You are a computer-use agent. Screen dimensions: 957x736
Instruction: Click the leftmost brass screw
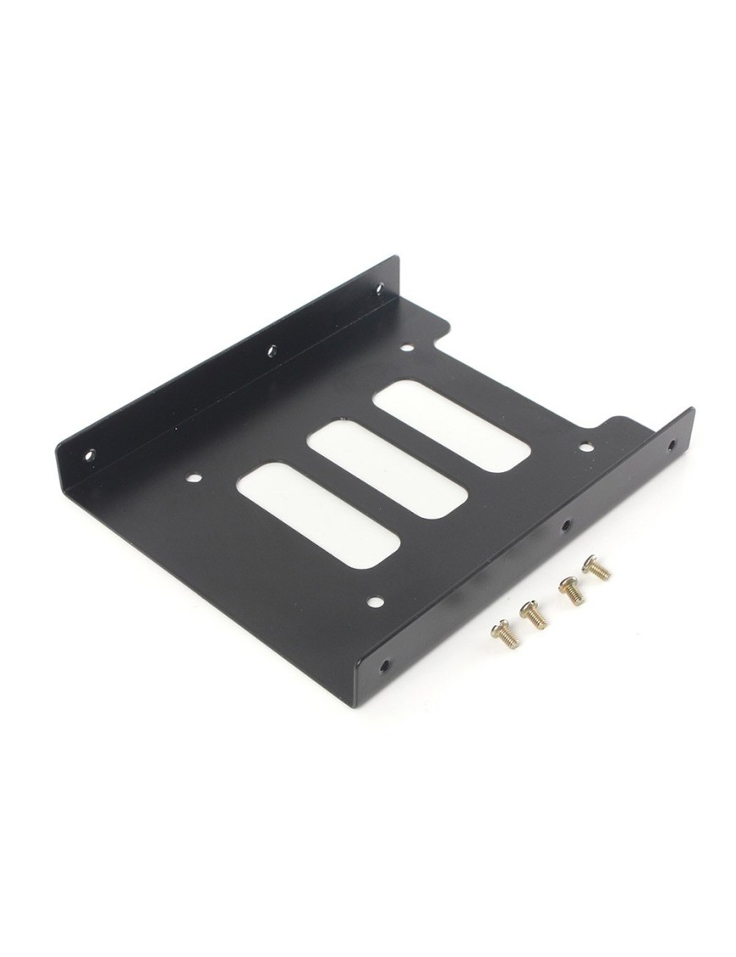point(505,633)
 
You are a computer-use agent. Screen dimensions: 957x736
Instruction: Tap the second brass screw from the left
point(534,614)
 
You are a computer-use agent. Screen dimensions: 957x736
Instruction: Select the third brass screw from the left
point(571,590)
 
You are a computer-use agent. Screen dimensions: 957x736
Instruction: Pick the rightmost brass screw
point(596,567)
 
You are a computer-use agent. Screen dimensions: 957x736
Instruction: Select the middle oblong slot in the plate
point(387,468)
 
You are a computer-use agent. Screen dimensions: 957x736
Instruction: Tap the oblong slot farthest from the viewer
point(452,426)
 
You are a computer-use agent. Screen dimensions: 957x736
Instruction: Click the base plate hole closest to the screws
point(376,602)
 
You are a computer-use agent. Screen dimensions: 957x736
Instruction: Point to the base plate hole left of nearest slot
point(194,477)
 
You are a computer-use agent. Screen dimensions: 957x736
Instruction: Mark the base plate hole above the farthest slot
point(406,347)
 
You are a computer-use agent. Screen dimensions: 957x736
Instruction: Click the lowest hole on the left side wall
point(90,454)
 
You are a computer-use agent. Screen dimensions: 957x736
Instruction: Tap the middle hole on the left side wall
point(272,350)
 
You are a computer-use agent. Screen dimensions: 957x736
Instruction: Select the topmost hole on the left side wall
point(379,289)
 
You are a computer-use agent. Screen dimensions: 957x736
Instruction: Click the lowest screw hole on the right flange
point(386,665)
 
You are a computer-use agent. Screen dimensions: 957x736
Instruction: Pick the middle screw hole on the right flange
point(565,525)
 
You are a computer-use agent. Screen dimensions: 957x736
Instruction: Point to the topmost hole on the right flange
point(672,443)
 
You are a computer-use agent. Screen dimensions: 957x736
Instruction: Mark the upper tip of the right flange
point(691,410)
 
